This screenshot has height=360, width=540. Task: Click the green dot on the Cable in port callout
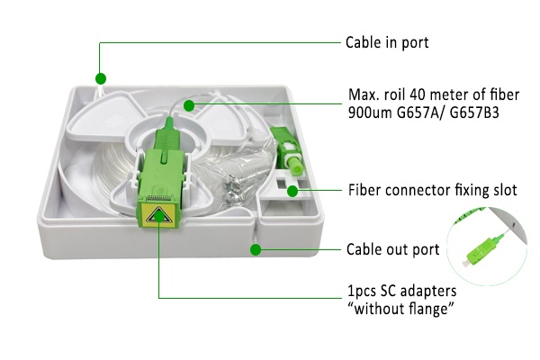tap(102, 78)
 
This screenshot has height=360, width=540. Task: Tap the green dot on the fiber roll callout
tap(188, 105)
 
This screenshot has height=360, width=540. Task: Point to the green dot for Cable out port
tap(256, 249)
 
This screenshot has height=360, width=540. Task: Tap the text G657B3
tap(480, 114)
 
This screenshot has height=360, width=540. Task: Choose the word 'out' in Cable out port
tap(397, 249)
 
